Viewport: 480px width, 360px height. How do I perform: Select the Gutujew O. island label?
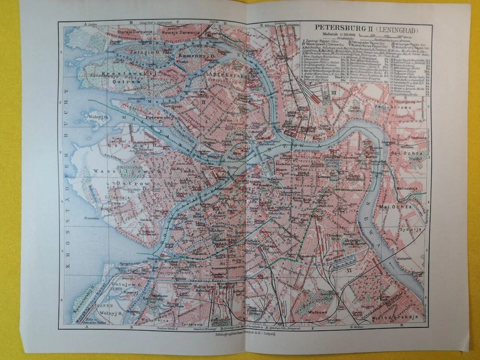click(x=129, y=283)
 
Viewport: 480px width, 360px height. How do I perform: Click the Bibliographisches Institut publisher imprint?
click(x=245, y=336)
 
